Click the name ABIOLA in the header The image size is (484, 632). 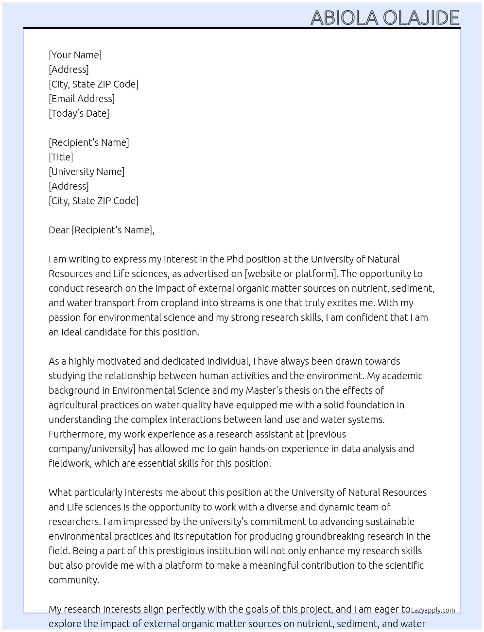(x=344, y=18)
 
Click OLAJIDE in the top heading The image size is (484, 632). (x=421, y=18)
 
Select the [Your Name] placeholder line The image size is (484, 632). (x=75, y=55)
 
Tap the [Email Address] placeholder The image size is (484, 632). (x=82, y=99)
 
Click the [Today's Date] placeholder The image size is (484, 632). (x=79, y=113)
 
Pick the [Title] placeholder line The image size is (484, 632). (x=61, y=157)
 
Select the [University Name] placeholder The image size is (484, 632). (x=86, y=172)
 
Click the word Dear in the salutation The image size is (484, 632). (x=59, y=230)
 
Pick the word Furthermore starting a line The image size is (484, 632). (x=76, y=434)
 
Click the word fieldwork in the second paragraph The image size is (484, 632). (x=69, y=463)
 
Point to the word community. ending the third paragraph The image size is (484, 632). (x=74, y=580)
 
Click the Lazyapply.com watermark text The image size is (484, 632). (x=433, y=610)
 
